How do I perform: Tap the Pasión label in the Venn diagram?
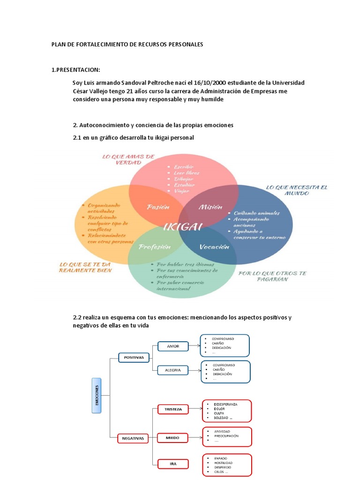pyautogui.click(x=158, y=207)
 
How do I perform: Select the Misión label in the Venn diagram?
pyautogui.click(x=210, y=207)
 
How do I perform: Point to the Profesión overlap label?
pyautogui.click(x=154, y=247)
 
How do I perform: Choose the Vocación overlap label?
pyautogui.click(x=214, y=247)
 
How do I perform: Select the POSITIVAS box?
pyautogui.click(x=134, y=357)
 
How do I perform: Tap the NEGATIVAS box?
pyautogui.click(x=133, y=438)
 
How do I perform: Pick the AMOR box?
pyautogui.click(x=173, y=346)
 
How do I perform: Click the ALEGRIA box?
pyautogui.click(x=173, y=370)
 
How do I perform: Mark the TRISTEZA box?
pyautogui.click(x=173, y=409)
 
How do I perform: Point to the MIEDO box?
pyautogui.click(x=173, y=438)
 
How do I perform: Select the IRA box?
pyautogui.click(x=173, y=464)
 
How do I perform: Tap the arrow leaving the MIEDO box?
pyautogui.click(x=195, y=438)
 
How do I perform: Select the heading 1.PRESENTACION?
pyautogui.click(x=75, y=70)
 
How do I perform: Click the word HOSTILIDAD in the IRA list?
pyautogui.click(x=223, y=463)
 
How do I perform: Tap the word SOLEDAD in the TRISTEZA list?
pyautogui.click(x=221, y=418)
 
